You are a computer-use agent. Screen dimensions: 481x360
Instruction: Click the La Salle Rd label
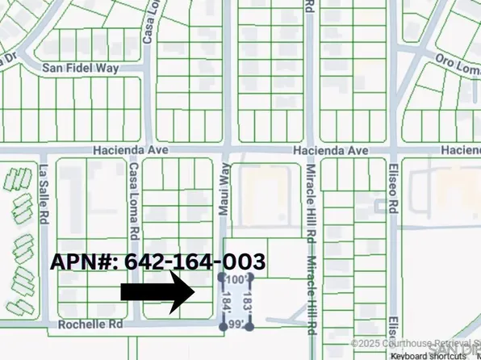(43, 196)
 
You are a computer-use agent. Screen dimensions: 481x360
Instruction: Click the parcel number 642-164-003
(158, 262)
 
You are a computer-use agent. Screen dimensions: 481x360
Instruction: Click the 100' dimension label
(236, 278)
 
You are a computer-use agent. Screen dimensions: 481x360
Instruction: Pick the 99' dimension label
(236, 324)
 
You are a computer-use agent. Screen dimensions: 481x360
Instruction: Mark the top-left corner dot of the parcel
(223, 277)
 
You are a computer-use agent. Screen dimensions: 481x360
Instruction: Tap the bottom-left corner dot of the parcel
(224, 327)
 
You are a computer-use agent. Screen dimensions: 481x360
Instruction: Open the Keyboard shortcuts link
(423, 354)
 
